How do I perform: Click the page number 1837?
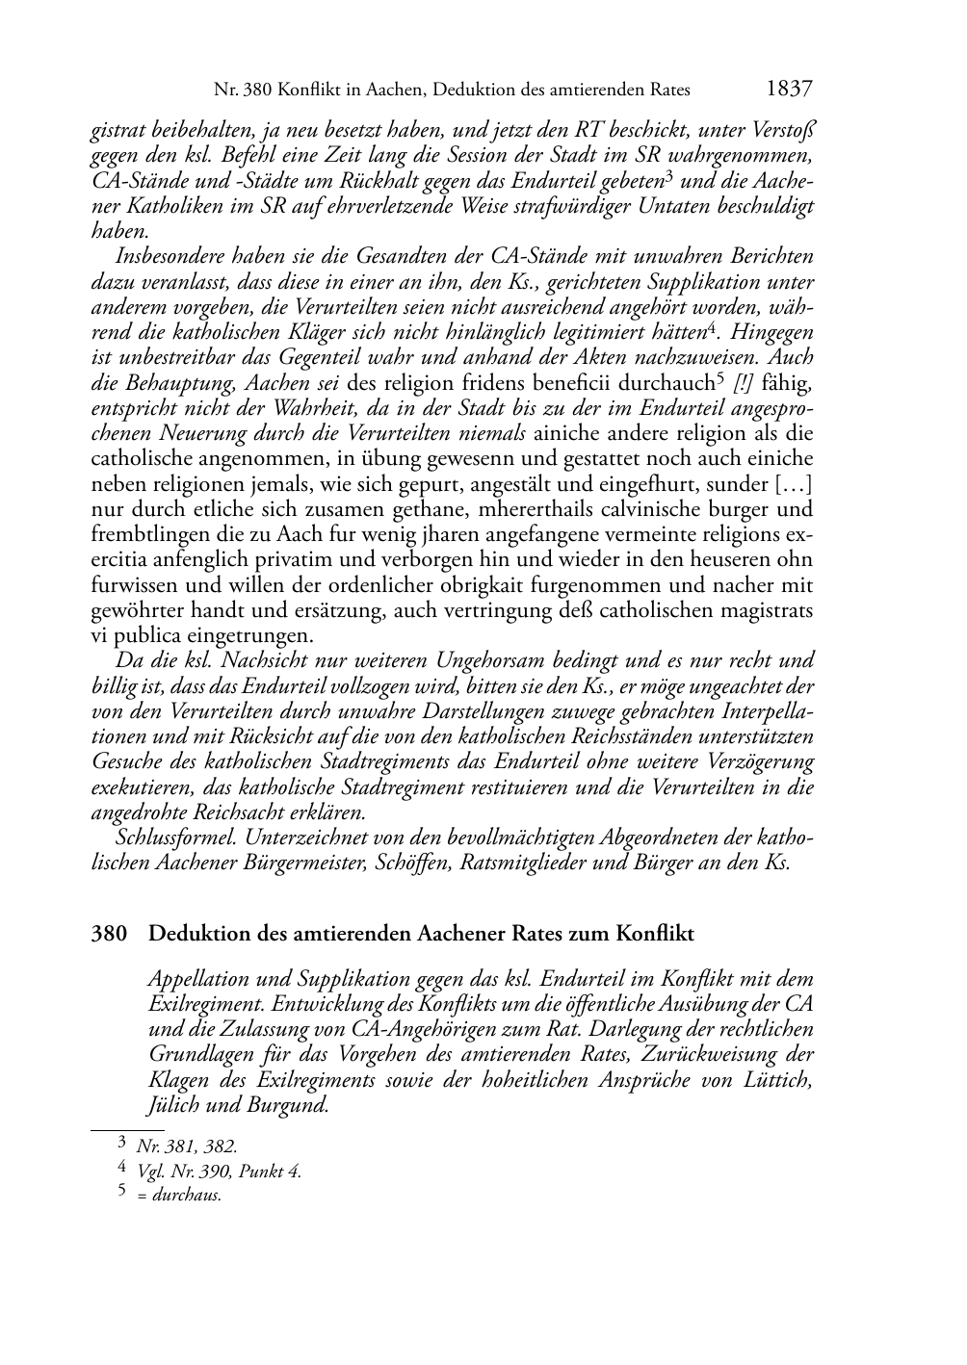(790, 90)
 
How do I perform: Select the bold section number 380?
(109, 934)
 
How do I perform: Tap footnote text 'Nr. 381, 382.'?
(187, 1146)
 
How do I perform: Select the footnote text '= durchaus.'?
(179, 1196)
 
